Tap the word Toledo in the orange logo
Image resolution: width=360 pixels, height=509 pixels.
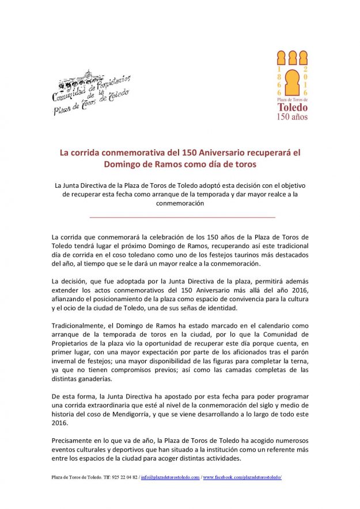click(292, 107)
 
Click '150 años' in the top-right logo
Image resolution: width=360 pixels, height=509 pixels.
click(292, 117)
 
